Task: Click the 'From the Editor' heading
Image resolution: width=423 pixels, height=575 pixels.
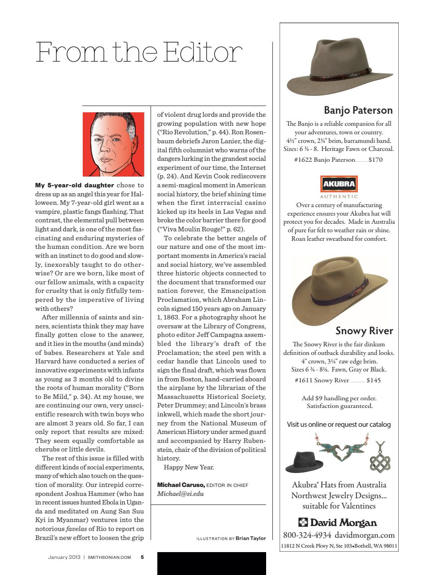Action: [x=139, y=53]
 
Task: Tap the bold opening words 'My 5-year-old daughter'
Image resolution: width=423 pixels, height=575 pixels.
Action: [x=74, y=185]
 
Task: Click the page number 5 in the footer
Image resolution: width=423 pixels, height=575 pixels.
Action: [x=142, y=557]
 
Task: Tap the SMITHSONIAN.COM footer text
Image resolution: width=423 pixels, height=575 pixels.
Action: [x=109, y=557]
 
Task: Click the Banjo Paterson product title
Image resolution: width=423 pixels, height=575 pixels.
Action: [x=358, y=110]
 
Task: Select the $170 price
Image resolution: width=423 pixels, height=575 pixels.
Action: [x=375, y=159]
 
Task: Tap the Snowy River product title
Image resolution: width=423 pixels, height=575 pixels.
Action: [x=364, y=331]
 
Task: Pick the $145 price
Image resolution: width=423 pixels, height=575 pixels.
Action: [x=374, y=380]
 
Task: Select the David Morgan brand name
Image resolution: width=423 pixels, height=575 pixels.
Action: [x=338, y=522]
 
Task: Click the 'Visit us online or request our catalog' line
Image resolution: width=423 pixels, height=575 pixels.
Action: [x=338, y=424]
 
